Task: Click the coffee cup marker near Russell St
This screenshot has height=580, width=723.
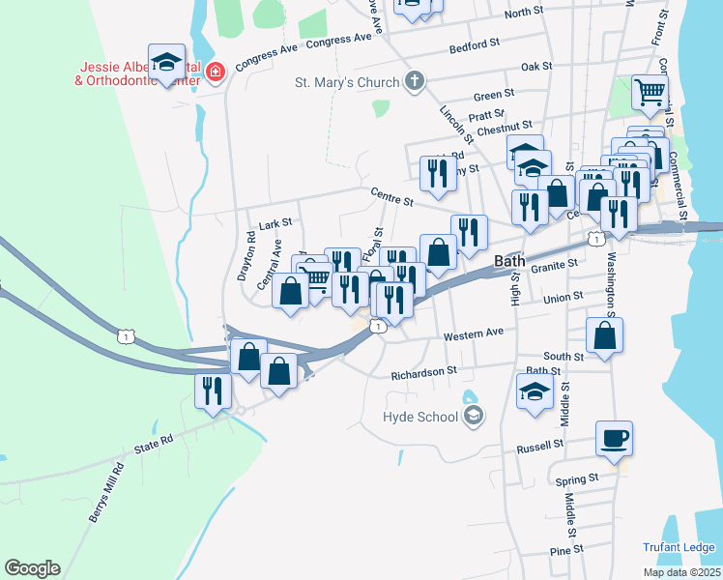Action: click(x=614, y=438)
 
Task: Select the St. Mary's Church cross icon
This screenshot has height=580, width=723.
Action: click(x=415, y=81)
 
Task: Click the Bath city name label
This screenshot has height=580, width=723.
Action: click(x=509, y=261)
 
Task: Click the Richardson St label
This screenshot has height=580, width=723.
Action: click(x=423, y=372)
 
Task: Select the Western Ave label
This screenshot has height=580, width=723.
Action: click(x=474, y=334)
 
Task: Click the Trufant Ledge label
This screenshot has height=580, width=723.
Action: click(x=679, y=547)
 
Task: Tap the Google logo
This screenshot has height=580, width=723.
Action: click(x=32, y=568)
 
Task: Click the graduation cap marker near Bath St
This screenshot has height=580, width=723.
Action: click(x=534, y=391)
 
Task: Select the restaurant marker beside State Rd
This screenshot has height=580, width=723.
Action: click(x=213, y=390)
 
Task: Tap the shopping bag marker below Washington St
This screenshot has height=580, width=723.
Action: click(x=605, y=335)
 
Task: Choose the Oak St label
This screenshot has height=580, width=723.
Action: click(x=535, y=67)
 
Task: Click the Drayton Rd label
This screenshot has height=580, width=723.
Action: click(x=246, y=255)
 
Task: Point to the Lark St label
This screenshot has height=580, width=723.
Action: click(x=275, y=223)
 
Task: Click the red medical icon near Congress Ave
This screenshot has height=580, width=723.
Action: click(x=214, y=71)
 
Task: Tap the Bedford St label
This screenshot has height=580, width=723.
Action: click(x=474, y=44)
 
